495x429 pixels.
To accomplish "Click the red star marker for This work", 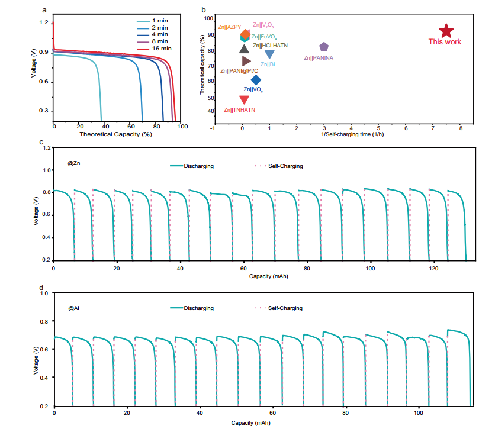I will [x=446, y=31].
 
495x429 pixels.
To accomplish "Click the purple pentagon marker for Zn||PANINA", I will [x=324, y=47].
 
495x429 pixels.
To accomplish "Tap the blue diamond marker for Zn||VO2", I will [x=256, y=80].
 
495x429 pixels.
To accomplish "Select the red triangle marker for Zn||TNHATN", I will [x=244, y=99].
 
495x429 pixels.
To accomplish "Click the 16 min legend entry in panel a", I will [x=157, y=50].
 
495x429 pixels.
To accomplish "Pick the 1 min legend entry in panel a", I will [x=157, y=21].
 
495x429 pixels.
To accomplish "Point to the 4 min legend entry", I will [x=157, y=35].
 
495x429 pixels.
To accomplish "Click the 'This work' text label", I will [x=445, y=42].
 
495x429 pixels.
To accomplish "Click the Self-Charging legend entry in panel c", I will [x=279, y=166].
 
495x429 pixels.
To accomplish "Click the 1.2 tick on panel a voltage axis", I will [x=44, y=22].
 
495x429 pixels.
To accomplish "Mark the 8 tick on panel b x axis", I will [x=460, y=128].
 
